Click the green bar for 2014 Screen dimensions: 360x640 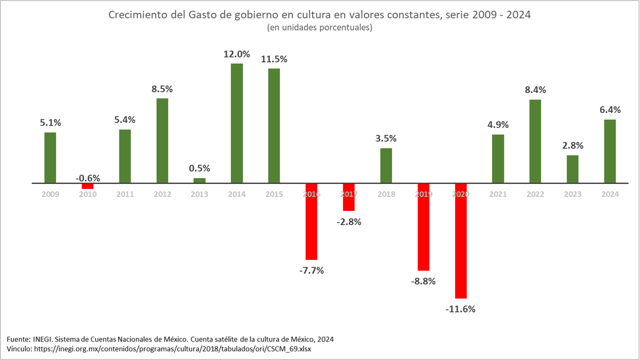pyautogui.click(x=236, y=123)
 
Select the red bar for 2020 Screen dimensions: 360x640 pyautogui.click(x=460, y=240)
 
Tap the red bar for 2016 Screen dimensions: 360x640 pyautogui.click(x=311, y=221)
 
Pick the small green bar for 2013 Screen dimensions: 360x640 pyautogui.click(x=199, y=180)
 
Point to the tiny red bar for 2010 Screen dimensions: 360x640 pyautogui.click(x=87, y=186)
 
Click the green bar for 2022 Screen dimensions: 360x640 pyautogui.click(x=535, y=141)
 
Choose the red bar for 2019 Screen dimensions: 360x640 pyautogui.click(x=423, y=226)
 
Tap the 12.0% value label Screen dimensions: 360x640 pyautogui.click(x=236, y=54)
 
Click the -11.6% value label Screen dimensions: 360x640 pyautogui.click(x=460, y=309)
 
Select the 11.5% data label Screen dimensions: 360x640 pyautogui.click(x=274, y=59)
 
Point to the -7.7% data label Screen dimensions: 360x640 pyautogui.click(x=311, y=270)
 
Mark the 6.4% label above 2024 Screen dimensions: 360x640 pyautogui.click(x=609, y=110)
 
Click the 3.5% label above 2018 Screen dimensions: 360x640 pyautogui.click(x=386, y=138)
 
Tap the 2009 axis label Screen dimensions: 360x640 pyautogui.click(x=50, y=194)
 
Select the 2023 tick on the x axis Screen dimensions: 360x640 pyautogui.click(x=572, y=194)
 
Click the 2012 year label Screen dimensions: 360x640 pyautogui.click(x=162, y=194)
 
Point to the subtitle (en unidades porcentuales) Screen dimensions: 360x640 pyautogui.click(x=320, y=28)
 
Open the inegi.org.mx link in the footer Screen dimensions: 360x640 pyautogui.click(x=172, y=348)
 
